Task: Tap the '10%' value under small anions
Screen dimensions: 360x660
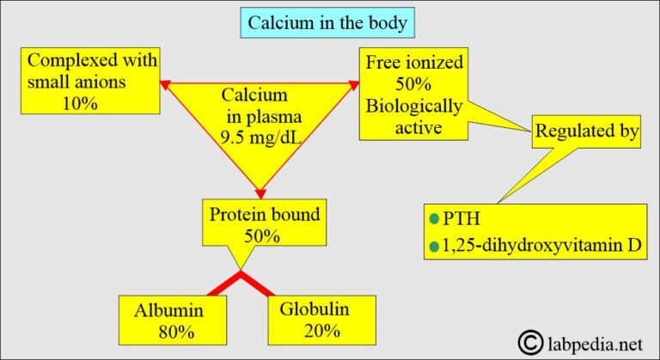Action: click(80, 101)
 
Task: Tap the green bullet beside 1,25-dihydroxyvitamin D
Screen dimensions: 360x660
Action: click(433, 247)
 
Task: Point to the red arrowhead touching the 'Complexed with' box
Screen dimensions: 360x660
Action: click(168, 83)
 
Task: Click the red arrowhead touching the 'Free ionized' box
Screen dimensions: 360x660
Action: click(351, 83)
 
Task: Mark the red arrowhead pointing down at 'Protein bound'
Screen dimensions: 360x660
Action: click(259, 189)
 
